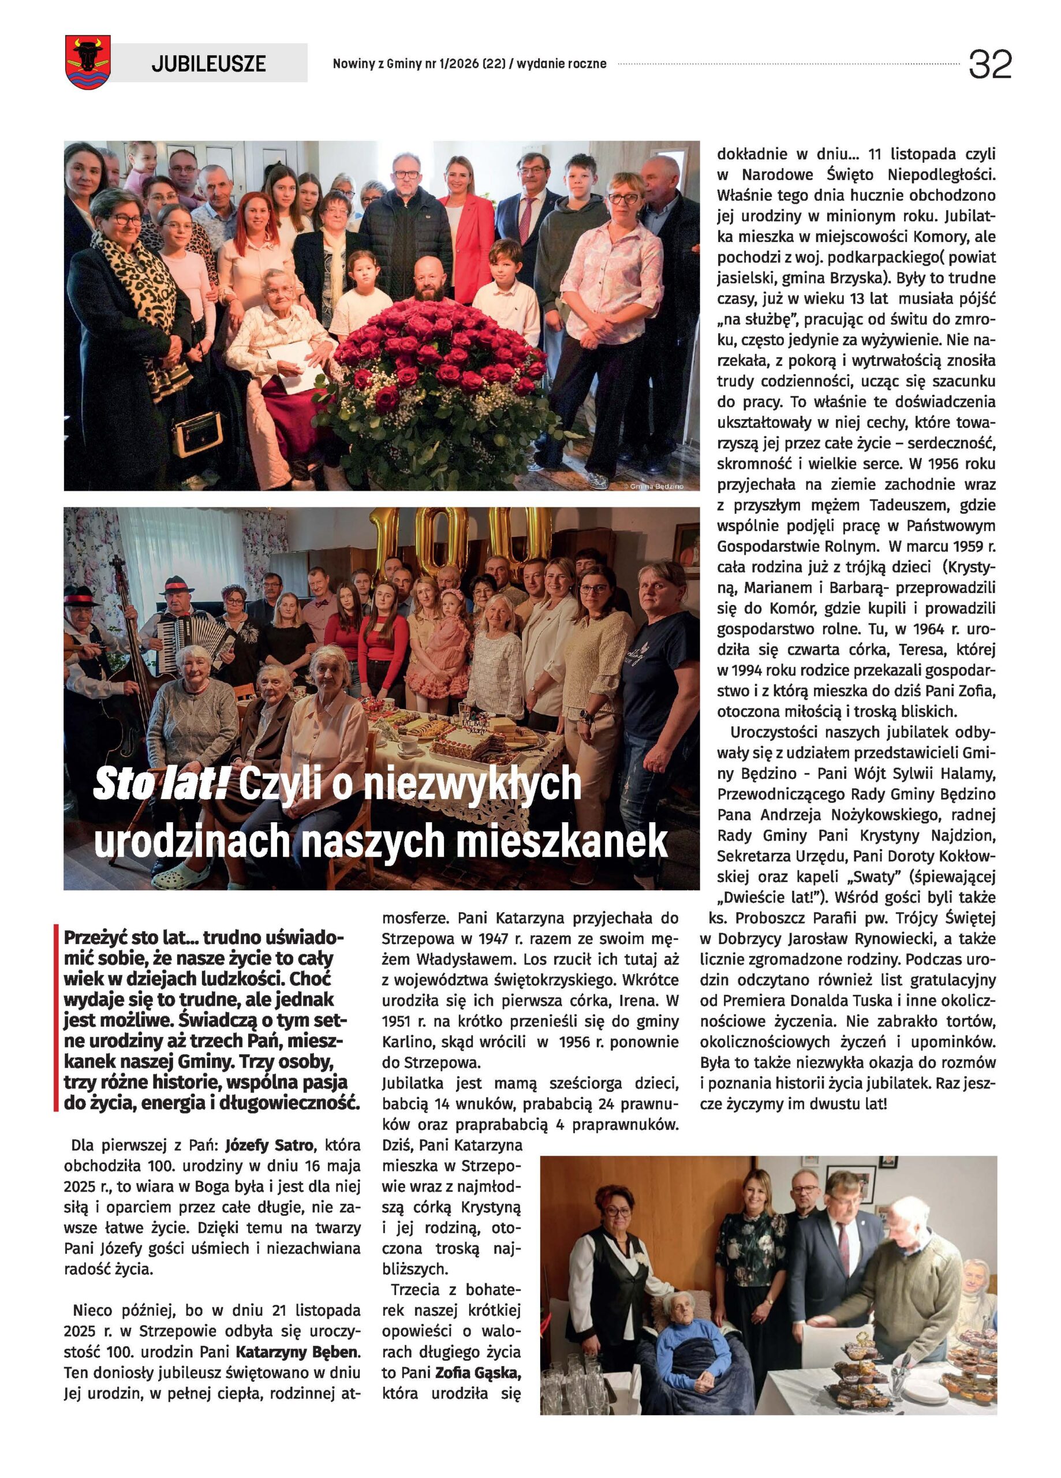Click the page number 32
[x=989, y=65]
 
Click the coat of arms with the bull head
[x=88, y=61]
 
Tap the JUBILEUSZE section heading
[x=208, y=63]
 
